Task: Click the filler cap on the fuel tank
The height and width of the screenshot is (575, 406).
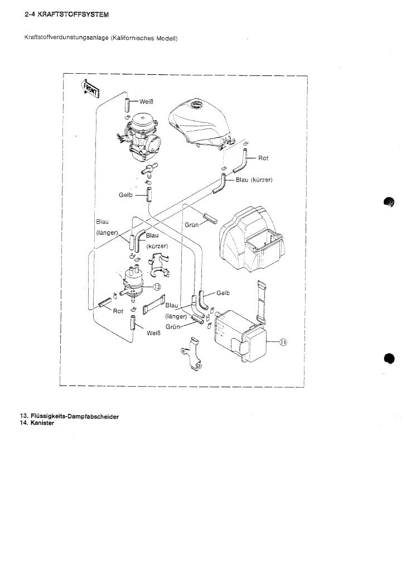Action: (x=198, y=106)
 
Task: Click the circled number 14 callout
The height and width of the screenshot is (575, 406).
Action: (x=282, y=343)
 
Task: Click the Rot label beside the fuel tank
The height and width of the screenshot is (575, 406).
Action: (x=263, y=158)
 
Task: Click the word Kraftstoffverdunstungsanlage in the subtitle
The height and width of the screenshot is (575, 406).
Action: (x=66, y=38)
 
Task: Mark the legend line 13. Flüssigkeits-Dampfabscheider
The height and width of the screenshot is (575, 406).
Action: (x=62, y=417)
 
